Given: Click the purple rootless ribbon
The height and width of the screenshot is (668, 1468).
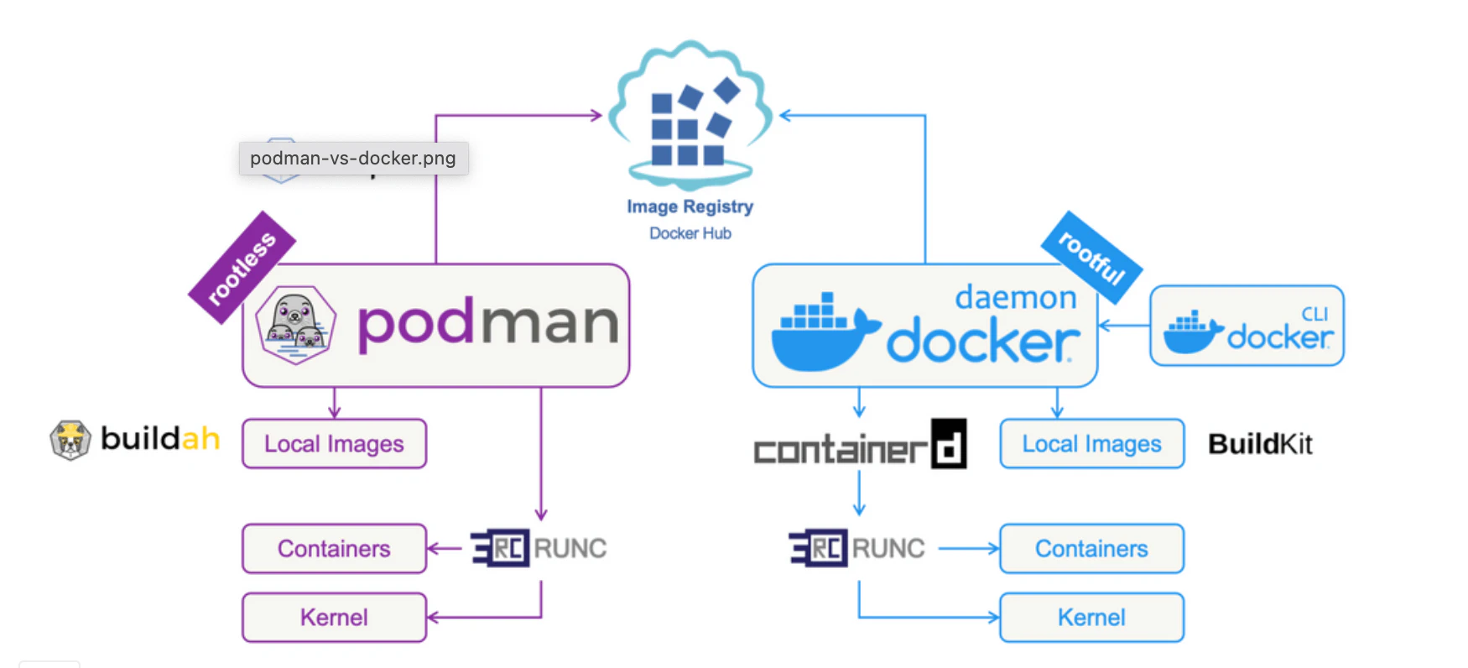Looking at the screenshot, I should click(242, 267).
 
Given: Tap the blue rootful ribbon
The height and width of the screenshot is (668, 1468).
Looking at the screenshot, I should click(1091, 258).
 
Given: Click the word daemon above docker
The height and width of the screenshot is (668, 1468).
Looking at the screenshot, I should click(1015, 297).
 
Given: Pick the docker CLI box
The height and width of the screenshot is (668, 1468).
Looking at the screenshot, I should click(1247, 326).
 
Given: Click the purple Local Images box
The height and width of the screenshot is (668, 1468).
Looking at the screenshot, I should click(334, 444).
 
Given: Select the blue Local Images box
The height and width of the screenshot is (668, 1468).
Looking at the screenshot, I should click(1091, 444).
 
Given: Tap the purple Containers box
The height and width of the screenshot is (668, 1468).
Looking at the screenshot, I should click(334, 549).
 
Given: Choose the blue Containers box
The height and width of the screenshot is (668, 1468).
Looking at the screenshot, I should click(1091, 549).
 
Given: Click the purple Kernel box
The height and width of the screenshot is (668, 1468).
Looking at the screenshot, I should click(334, 618).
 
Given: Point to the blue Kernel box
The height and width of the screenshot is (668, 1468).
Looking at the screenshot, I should click(1091, 618).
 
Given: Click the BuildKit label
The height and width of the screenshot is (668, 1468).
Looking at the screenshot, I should click(1260, 444).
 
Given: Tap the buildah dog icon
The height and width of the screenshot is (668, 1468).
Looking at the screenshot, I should click(70, 440).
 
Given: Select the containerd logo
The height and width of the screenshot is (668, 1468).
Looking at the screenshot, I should click(860, 446).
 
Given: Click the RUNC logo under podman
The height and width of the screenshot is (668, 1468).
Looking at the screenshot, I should click(539, 549).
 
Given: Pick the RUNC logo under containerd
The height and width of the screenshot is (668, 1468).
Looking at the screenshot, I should click(857, 549).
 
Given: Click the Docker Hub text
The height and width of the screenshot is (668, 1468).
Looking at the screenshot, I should click(690, 233).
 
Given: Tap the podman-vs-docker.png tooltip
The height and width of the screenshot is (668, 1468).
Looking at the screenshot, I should click(353, 158).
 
